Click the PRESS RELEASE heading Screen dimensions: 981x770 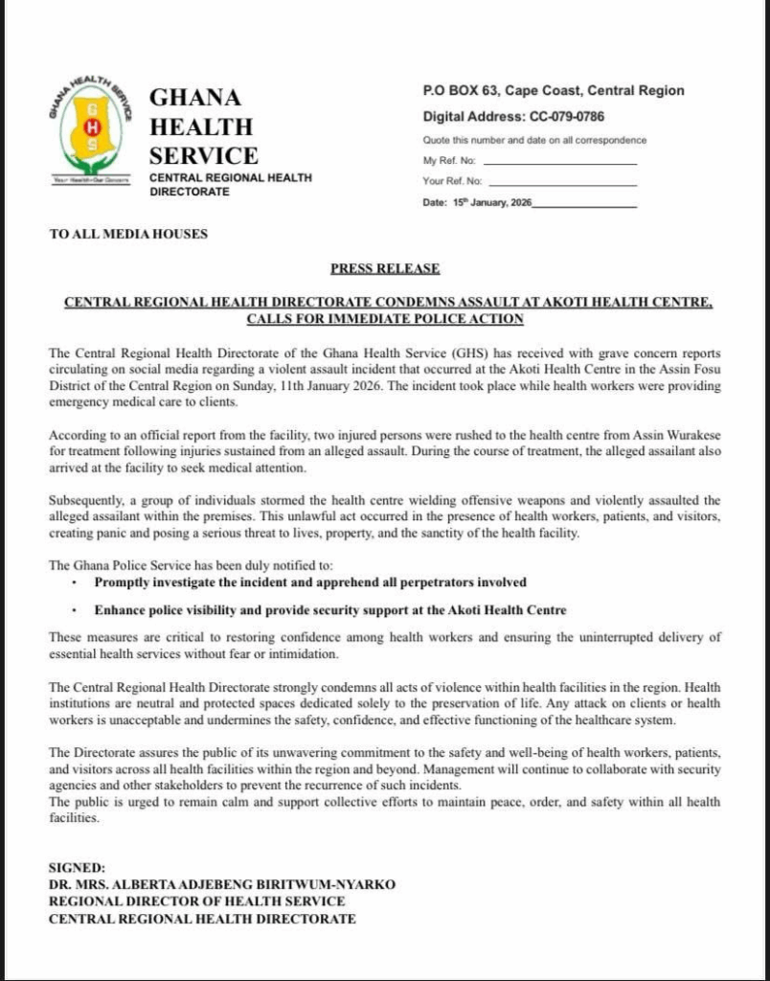point(385,269)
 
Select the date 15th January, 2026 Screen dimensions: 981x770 point(493,203)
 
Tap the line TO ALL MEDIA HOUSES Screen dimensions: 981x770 point(128,234)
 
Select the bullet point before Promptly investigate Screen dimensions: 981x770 point(75,582)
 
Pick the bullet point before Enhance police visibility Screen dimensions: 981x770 point(75,610)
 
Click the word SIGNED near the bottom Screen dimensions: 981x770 point(77,867)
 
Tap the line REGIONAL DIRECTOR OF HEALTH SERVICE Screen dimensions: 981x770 point(197,901)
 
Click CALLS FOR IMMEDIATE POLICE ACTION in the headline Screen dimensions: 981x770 point(385,318)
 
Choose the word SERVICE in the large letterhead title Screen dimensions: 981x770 point(203,155)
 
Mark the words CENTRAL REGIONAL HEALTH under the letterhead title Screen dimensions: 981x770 point(230,178)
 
